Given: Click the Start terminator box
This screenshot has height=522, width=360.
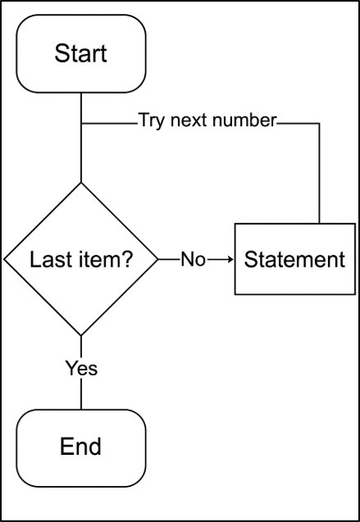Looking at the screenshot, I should click(81, 54).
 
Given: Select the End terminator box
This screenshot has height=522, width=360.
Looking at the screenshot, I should click(81, 447).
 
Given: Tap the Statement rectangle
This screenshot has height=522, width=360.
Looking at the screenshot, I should click(295, 260).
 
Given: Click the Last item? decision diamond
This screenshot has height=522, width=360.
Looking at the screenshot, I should click(81, 260).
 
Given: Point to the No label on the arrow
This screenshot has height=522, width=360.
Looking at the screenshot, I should click(192, 260).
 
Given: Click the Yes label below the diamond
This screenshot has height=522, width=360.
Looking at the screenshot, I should click(81, 369).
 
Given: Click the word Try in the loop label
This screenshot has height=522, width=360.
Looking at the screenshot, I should click(152, 120).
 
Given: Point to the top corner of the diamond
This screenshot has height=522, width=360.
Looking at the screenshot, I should click(81, 183).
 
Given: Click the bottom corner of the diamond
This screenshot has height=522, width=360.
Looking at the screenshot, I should click(81, 336).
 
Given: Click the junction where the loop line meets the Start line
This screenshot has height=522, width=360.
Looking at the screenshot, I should click(81, 123).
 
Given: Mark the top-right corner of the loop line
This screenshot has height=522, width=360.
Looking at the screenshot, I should click(318, 123).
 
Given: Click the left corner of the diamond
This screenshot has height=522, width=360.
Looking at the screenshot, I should click(5, 260).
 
